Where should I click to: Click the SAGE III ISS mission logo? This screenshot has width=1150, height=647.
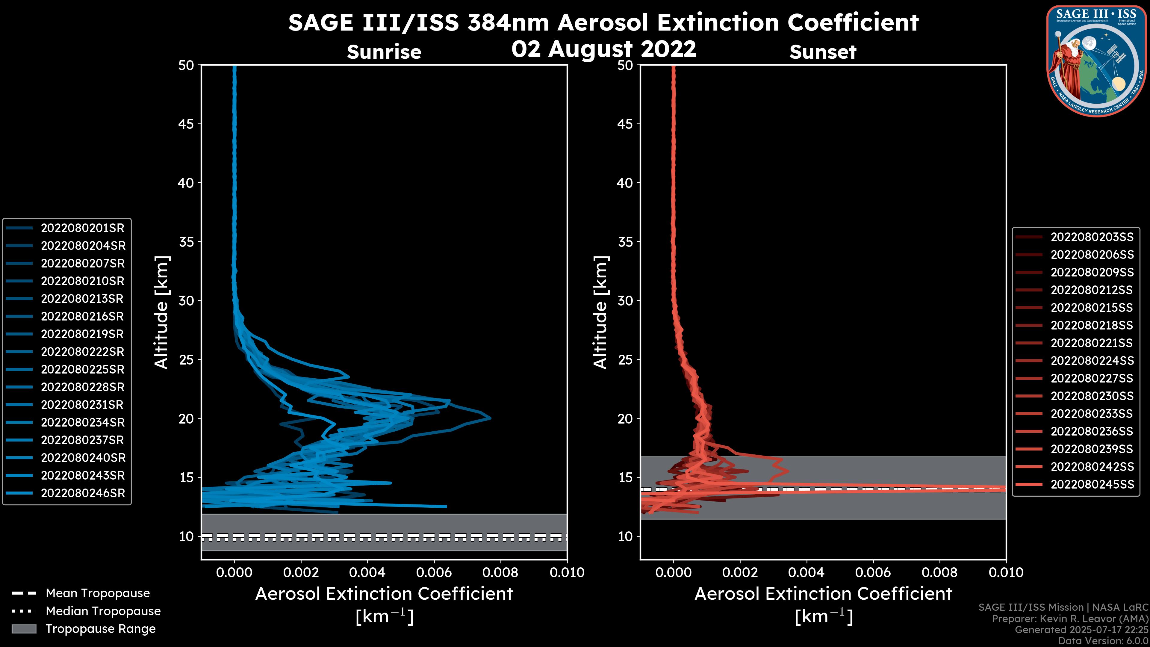click(x=1097, y=61)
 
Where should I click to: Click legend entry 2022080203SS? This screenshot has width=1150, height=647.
click(x=1092, y=237)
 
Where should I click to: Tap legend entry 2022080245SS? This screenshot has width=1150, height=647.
click(x=1092, y=484)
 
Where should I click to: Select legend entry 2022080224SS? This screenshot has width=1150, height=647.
click(x=1092, y=361)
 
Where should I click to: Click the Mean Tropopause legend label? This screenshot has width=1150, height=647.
click(x=98, y=593)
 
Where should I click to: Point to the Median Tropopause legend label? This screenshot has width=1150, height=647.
click(x=103, y=611)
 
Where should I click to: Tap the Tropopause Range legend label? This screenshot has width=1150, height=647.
click(x=100, y=629)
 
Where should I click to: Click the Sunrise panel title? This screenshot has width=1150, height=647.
click(x=384, y=52)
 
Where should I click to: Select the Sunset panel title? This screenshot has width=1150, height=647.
click(x=823, y=52)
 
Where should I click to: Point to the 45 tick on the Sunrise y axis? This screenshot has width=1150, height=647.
click(x=186, y=124)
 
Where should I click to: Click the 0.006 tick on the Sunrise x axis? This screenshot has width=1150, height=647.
click(x=433, y=572)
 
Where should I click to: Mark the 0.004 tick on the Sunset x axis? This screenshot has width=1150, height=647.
click(x=807, y=572)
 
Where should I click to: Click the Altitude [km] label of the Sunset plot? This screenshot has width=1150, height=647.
click(x=601, y=312)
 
